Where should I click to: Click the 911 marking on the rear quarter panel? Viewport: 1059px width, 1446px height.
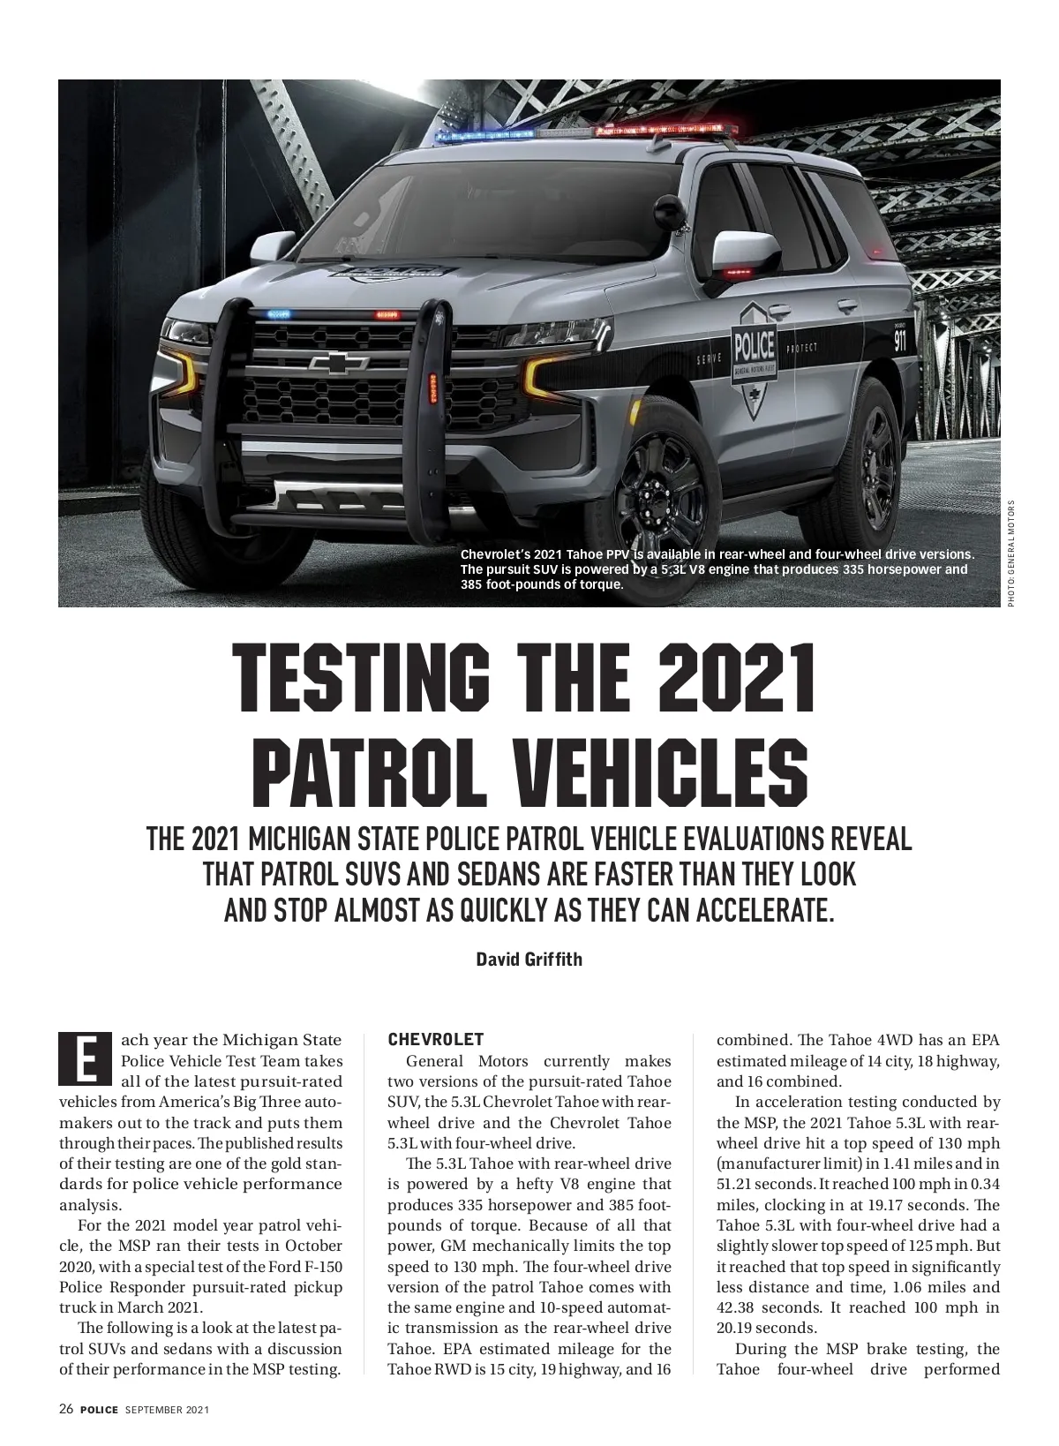(899, 340)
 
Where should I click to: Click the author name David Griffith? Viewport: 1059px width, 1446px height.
(529, 959)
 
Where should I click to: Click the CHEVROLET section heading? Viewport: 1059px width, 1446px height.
(436, 1039)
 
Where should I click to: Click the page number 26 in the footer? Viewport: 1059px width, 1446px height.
(66, 1410)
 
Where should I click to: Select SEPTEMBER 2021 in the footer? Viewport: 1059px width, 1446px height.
(167, 1410)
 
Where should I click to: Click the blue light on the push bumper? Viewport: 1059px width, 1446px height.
(278, 313)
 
